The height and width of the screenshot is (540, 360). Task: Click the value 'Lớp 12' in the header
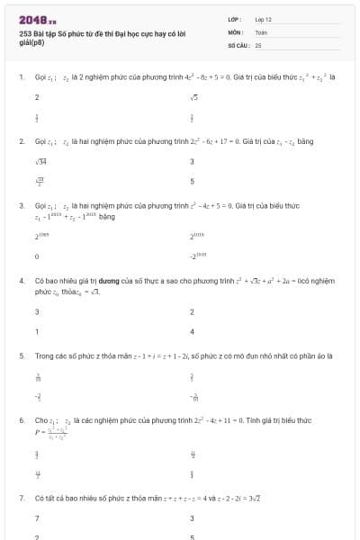click(263, 18)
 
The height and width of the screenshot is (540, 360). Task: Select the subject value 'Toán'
click(261, 31)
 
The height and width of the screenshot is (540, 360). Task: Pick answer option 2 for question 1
click(37, 97)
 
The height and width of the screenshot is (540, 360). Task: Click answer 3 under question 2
click(192, 162)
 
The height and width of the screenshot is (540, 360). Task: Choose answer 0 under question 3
click(37, 256)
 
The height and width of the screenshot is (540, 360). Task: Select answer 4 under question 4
click(193, 331)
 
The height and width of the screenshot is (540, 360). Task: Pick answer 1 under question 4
click(37, 331)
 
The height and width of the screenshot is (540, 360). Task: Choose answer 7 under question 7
click(37, 518)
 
